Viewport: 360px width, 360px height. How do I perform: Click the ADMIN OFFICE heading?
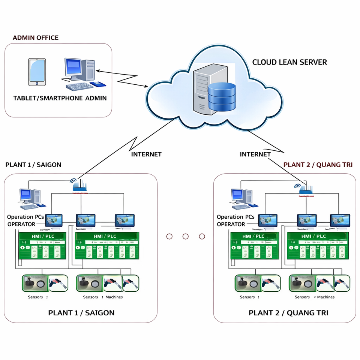36,38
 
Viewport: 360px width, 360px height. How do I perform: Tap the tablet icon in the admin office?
37,72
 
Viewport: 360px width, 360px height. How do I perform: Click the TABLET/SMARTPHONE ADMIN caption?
60,98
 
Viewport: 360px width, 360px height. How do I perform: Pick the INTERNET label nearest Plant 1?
146,154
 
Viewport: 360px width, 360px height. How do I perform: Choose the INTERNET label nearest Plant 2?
255,154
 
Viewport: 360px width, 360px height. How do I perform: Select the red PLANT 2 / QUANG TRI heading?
318,165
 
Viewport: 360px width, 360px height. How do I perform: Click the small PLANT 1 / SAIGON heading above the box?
33,165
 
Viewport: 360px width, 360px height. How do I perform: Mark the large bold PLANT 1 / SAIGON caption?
81,313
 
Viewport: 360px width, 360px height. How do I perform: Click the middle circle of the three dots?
185,236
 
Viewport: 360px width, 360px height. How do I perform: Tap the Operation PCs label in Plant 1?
25,217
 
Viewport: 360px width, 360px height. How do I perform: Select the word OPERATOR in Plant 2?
231,224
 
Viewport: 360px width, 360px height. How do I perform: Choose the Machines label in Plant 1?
114,297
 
